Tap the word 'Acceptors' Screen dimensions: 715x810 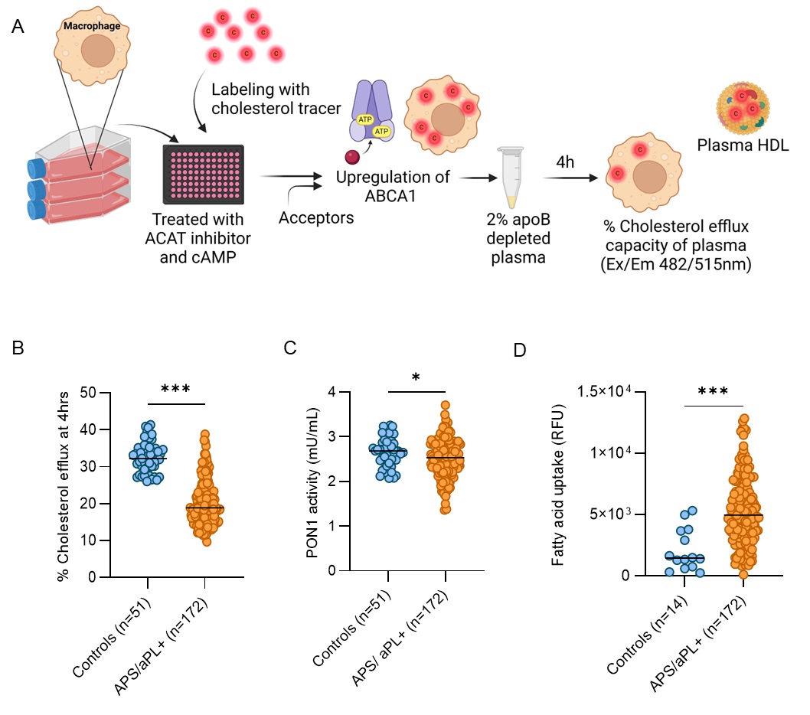(x=316, y=218)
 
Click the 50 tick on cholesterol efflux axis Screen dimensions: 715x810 (x=90, y=393)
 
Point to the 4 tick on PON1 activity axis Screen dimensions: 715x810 (x=330, y=393)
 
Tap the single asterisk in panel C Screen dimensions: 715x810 (x=414, y=377)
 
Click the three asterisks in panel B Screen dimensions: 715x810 (x=175, y=388)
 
